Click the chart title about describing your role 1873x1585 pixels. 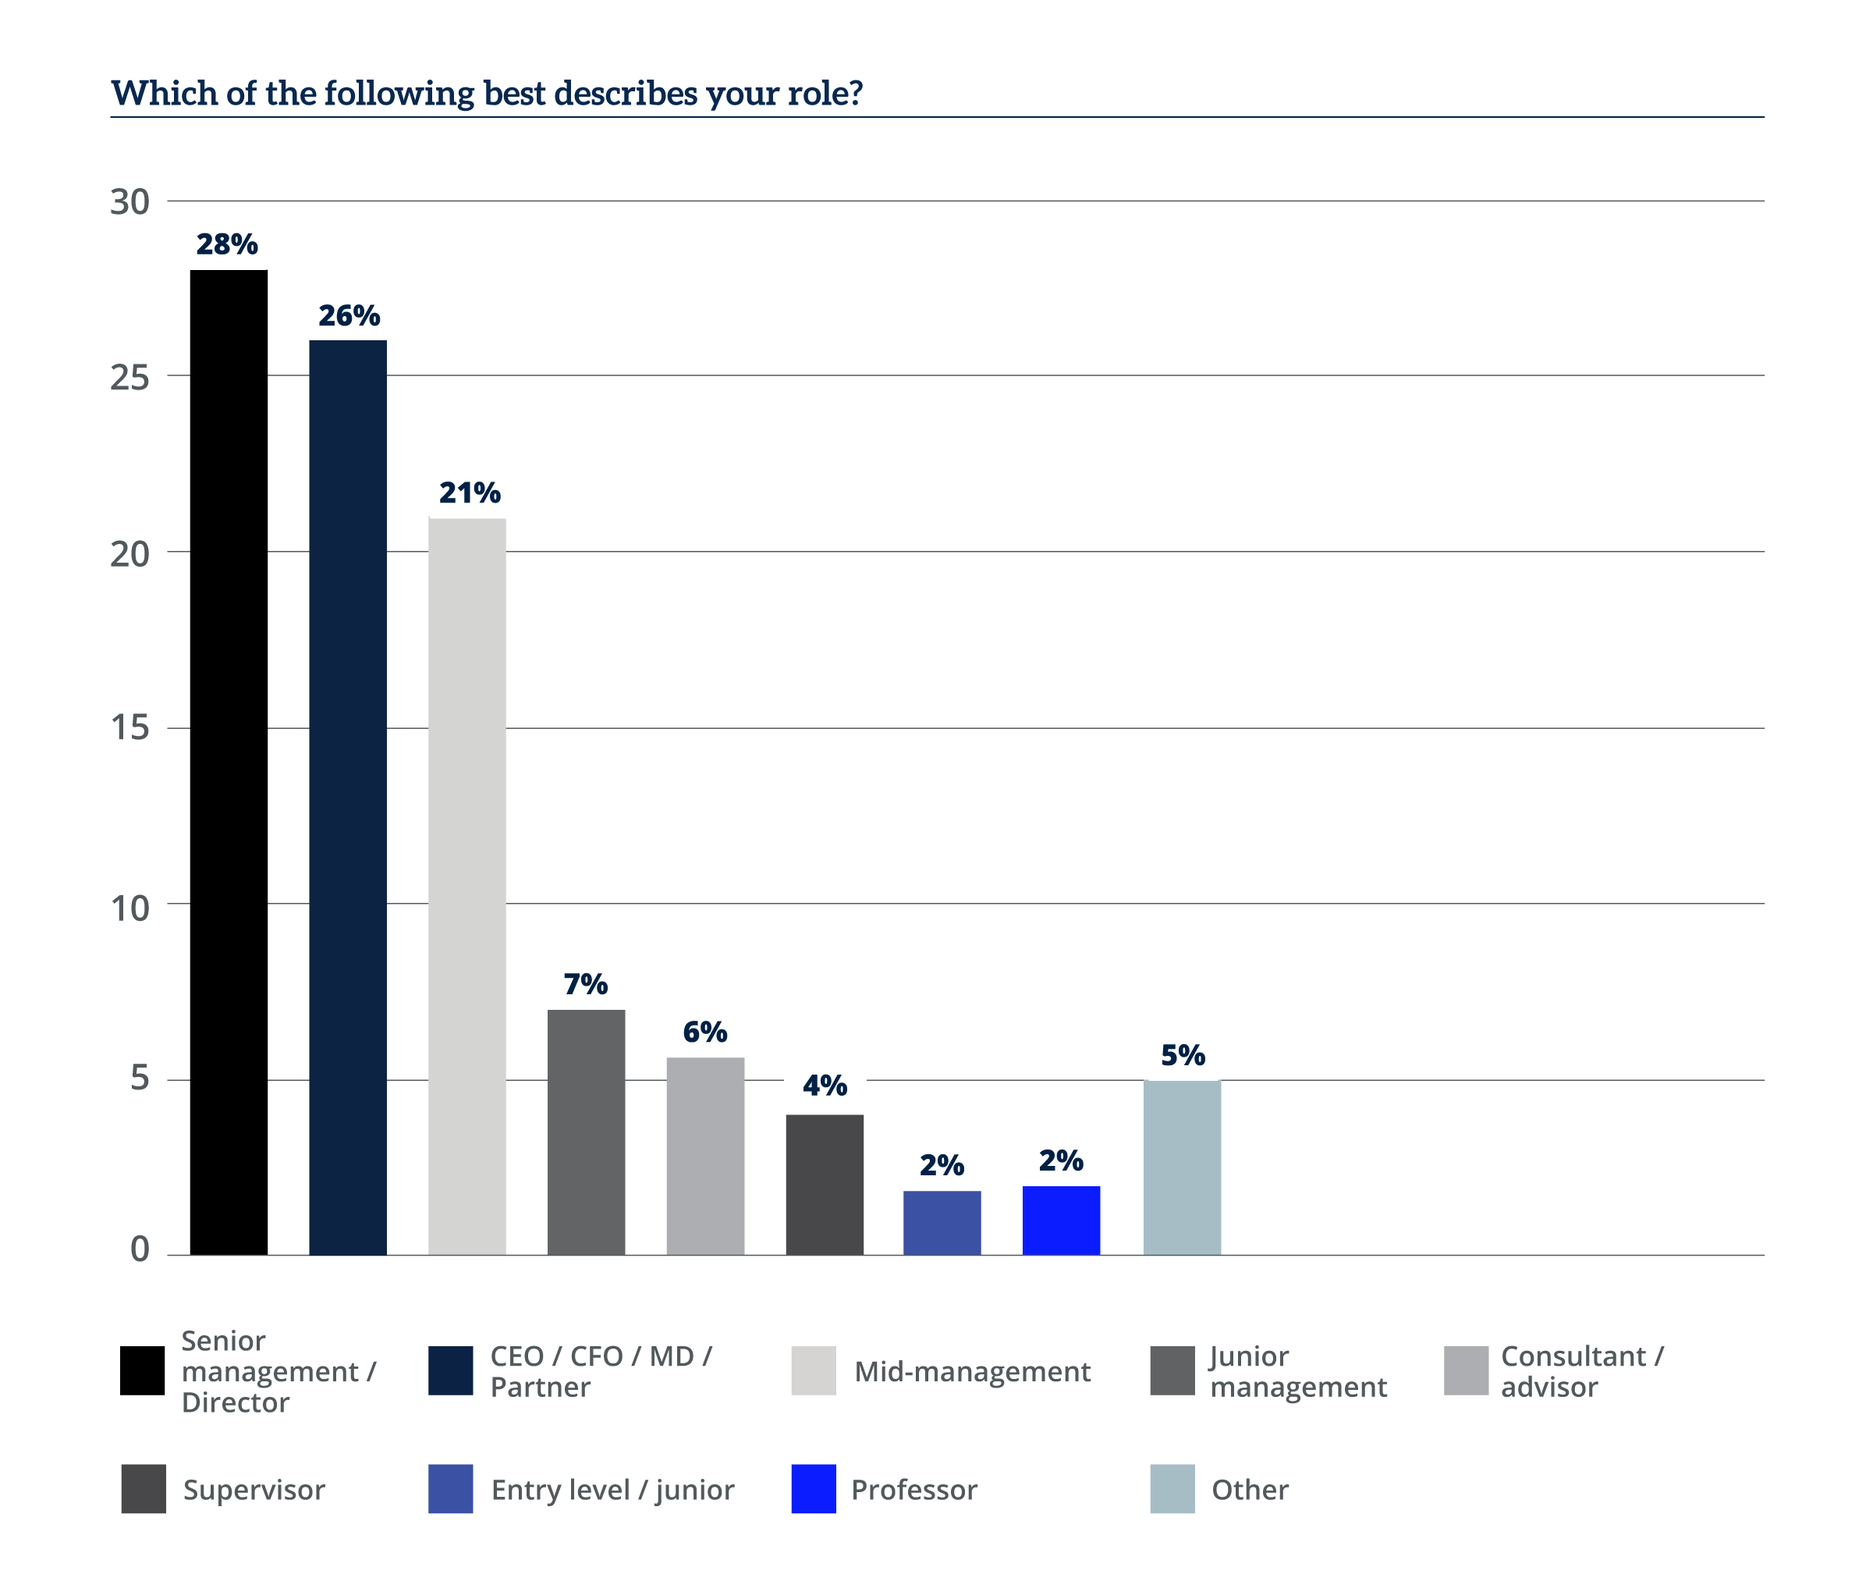486,94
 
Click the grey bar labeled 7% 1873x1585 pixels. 586,1132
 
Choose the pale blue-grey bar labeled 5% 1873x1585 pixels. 1182,1167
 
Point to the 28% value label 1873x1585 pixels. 226,243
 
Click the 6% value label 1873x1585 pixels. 705,1032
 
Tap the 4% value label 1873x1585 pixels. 825,1085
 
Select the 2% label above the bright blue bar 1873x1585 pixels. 1061,1160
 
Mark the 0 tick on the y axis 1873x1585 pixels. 139,1248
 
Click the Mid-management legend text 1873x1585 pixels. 972,1371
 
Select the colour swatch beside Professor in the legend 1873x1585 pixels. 813,1489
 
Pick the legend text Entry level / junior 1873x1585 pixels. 612,1490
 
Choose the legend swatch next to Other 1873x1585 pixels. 1172,1489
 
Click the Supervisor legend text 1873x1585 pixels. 254,1490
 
